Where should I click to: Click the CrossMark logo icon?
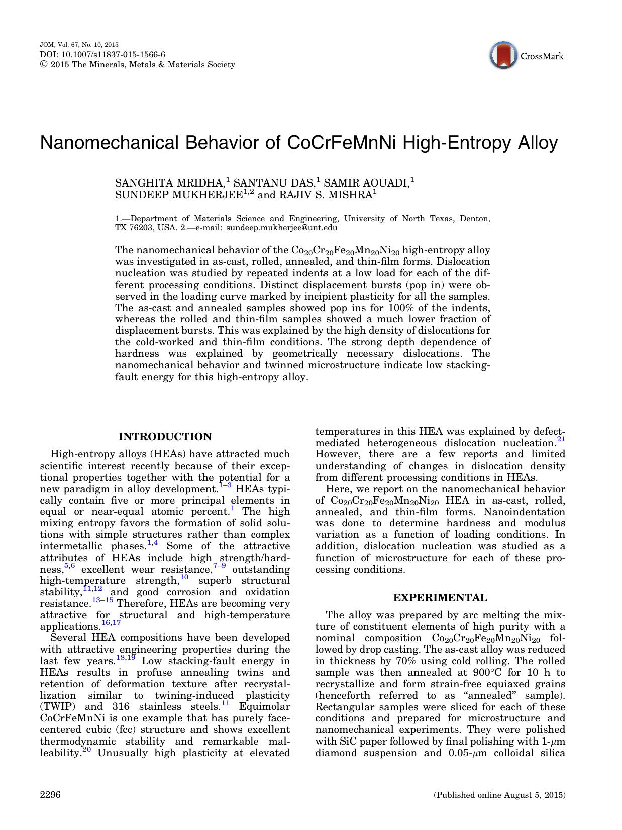pyautogui.click(x=504, y=56)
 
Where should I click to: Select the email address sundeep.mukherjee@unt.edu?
pyautogui.click(x=282, y=228)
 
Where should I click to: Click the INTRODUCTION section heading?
pyautogui.click(x=165, y=437)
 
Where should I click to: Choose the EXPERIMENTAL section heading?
pyautogui.click(x=440, y=598)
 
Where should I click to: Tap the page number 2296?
pyautogui.click(x=50, y=795)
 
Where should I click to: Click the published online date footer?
pyautogui.click(x=499, y=795)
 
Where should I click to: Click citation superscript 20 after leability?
pyautogui.click(x=86, y=750)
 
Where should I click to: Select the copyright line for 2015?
pyautogui.click(x=137, y=65)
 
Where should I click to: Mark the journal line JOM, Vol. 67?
pyautogui.click(x=75, y=45)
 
